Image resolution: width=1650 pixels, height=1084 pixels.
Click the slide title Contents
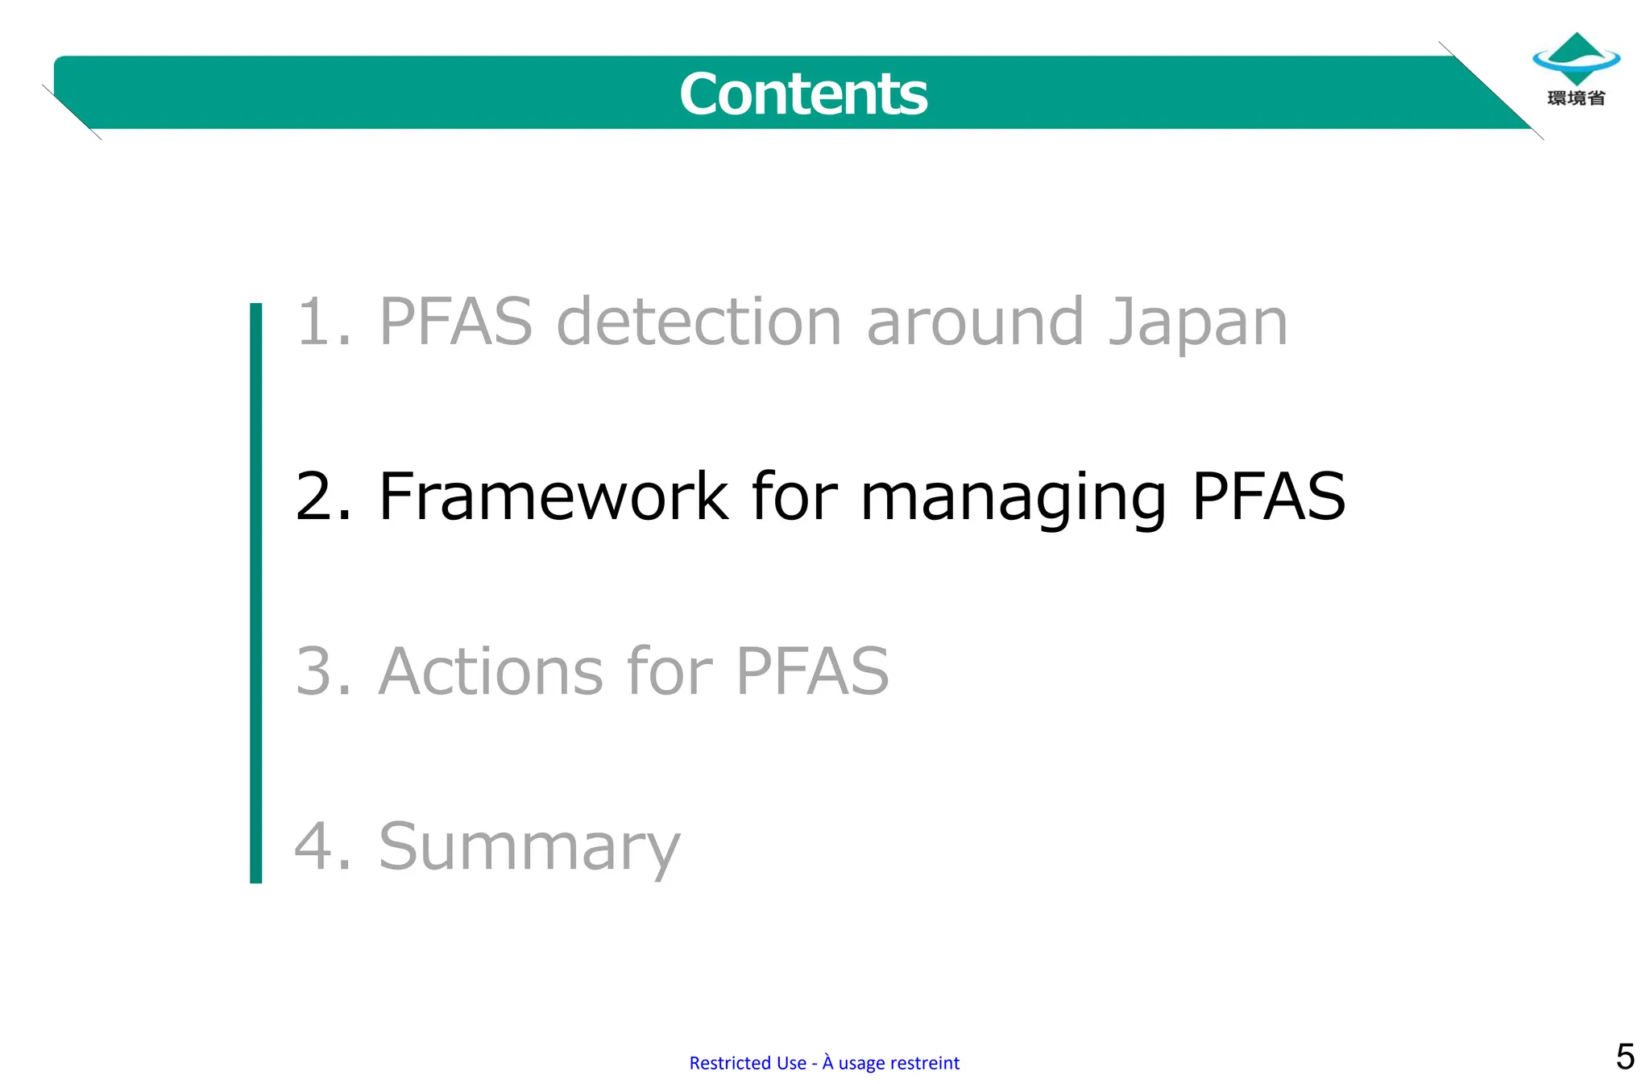tap(803, 93)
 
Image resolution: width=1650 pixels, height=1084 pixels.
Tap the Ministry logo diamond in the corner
tap(1576, 58)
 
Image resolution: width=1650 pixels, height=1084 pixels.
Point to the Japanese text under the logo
tap(1576, 98)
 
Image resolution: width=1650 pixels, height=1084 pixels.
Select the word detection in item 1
tap(699, 322)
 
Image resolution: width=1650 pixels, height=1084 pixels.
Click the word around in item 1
tap(974, 322)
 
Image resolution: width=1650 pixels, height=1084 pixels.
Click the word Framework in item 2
tap(553, 496)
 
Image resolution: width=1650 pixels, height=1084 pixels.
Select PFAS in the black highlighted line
tap(1268, 496)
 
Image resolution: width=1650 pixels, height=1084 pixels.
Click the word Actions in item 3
tap(490, 671)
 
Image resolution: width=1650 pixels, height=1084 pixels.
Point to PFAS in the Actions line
tap(812, 671)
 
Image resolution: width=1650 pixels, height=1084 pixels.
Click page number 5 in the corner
tap(1624, 1057)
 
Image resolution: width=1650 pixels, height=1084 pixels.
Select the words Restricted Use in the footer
tap(747, 1063)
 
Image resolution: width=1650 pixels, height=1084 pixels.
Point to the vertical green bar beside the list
tap(256, 592)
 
